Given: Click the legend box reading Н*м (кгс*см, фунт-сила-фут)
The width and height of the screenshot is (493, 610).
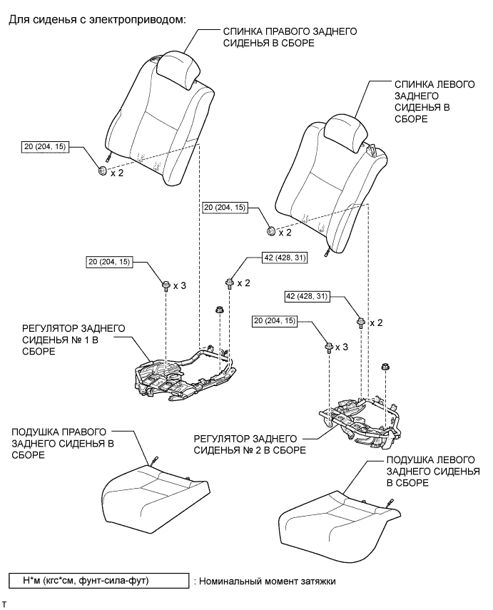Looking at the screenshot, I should click(98, 581).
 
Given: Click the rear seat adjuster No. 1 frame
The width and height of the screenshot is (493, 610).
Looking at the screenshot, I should click(185, 372).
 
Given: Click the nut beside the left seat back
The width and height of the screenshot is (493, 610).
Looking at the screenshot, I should click(270, 230).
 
